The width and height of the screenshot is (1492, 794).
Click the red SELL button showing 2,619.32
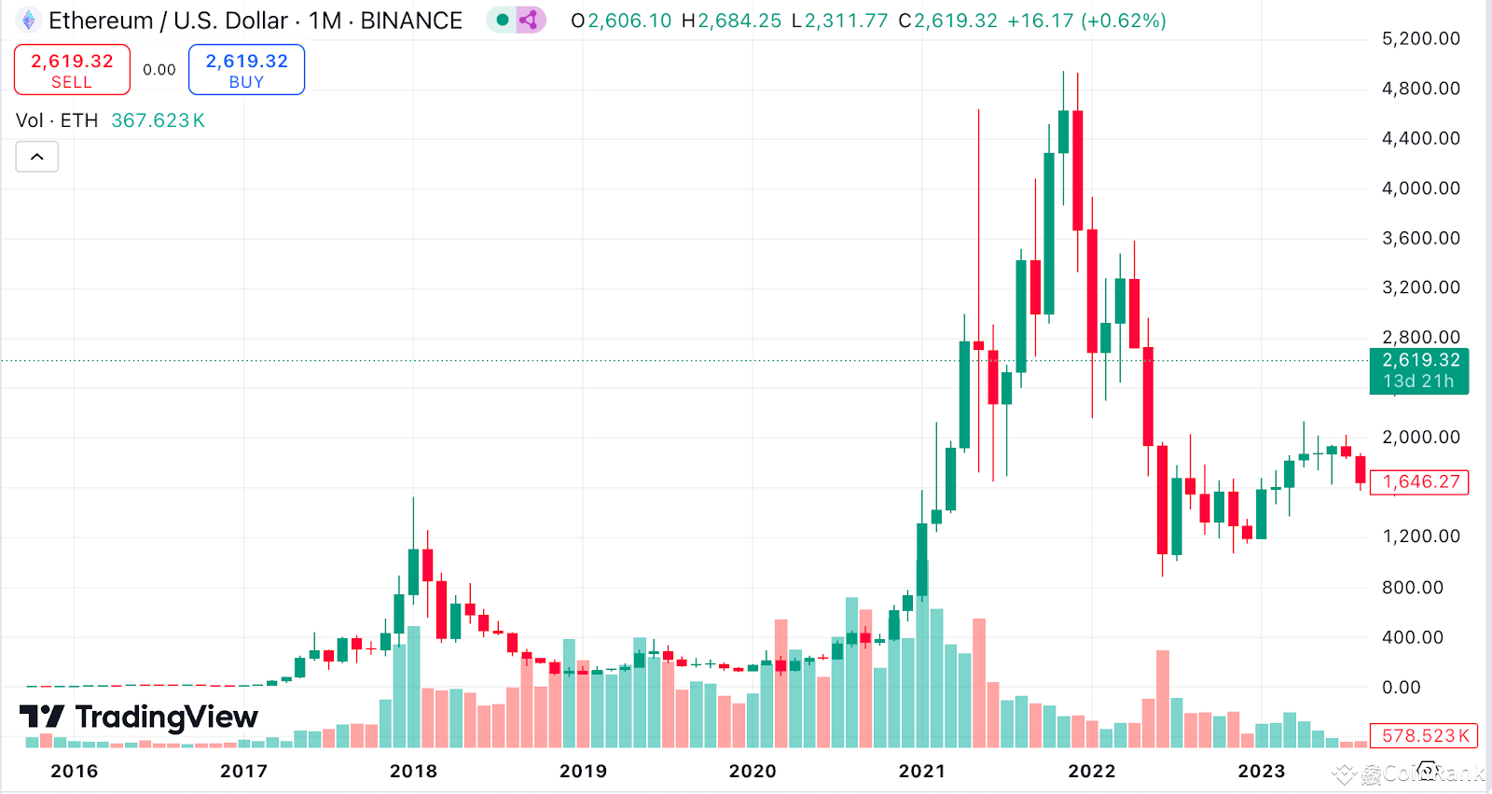[72, 70]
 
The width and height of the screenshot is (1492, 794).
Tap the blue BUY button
[246, 70]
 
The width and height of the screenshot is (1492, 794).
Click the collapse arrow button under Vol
[37, 157]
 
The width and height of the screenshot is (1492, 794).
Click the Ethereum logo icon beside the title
[28, 20]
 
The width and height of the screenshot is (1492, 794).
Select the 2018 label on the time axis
[413, 771]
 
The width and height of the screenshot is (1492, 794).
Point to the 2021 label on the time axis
[921, 771]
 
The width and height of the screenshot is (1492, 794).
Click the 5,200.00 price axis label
[1420, 38]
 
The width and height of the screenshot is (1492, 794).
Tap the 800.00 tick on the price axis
[1412, 587]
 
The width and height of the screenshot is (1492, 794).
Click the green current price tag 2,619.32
[1419, 370]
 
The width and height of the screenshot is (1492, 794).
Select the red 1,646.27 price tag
[1419, 481]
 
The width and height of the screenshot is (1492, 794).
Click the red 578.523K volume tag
[1419, 735]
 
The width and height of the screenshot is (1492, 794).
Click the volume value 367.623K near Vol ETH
[158, 120]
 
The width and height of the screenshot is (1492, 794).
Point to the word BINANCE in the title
[411, 21]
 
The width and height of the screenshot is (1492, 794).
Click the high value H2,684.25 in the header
[731, 21]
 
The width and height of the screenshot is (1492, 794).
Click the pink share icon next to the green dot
[529, 20]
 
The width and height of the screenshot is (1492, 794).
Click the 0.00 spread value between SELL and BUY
[159, 70]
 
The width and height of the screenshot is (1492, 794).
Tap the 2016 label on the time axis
[75, 771]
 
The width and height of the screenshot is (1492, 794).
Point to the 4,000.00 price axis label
[1420, 188]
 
